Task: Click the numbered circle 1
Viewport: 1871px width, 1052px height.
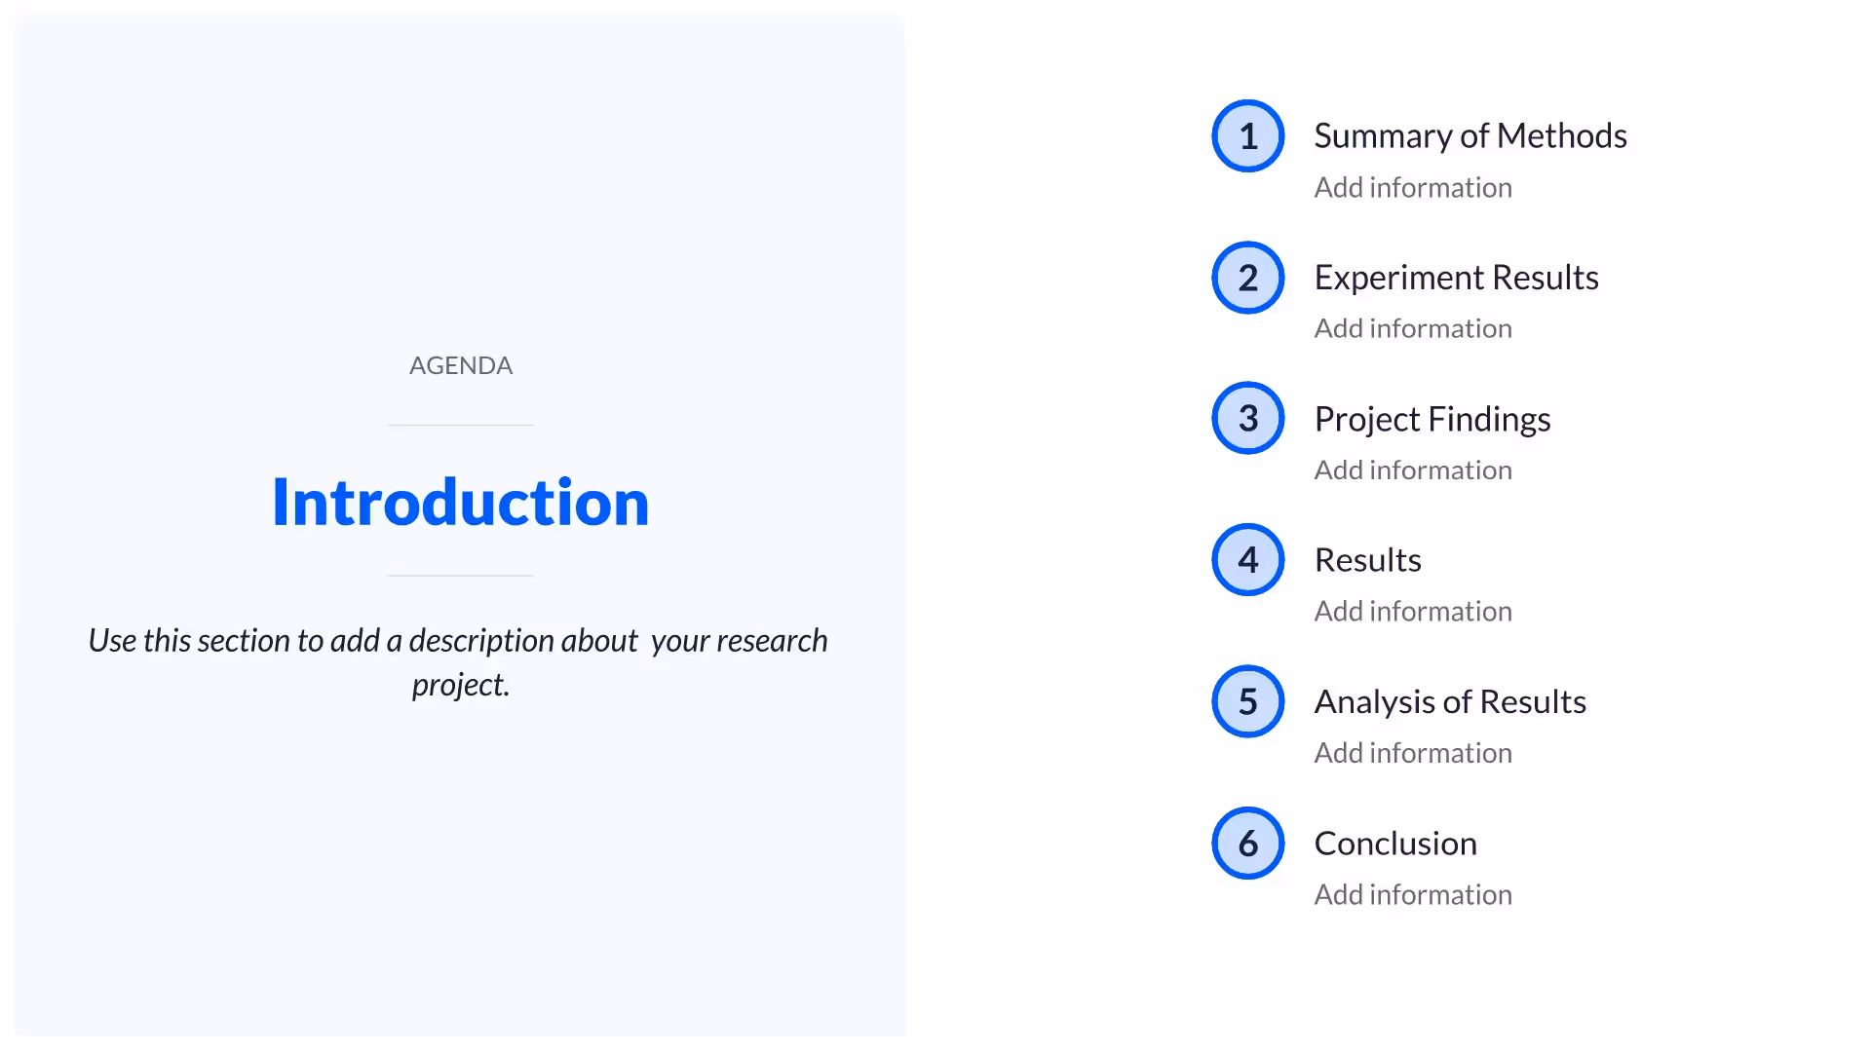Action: point(1247,136)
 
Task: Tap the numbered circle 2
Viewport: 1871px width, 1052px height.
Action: point(1247,278)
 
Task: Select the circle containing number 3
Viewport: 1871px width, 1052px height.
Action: point(1247,419)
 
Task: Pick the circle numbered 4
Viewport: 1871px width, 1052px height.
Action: point(1247,560)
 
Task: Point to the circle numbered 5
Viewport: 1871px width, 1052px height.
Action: point(1247,701)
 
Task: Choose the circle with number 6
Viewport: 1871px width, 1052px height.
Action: point(1247,843)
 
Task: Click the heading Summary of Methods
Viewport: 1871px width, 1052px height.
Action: point(1470,136)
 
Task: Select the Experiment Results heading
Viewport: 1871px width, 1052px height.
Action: point(1456,278)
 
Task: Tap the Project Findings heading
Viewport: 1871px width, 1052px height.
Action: point(1432,419)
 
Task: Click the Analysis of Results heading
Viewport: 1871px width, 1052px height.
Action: point(1449,701)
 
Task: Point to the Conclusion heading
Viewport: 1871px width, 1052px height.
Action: point(1394,843)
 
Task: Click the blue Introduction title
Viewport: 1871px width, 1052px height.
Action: point(460,503)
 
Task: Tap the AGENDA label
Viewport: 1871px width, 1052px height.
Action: point(460,365)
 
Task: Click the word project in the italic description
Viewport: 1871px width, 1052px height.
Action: point(459,685)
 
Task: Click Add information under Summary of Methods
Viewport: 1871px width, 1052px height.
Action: point(1412,187)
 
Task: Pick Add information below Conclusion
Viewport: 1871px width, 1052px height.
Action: point(1412,894)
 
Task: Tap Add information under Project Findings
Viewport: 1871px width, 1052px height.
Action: point(1412,470)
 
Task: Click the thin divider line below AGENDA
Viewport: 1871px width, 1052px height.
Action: point(460,425)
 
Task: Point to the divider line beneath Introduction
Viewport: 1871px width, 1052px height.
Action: point(460,576)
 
